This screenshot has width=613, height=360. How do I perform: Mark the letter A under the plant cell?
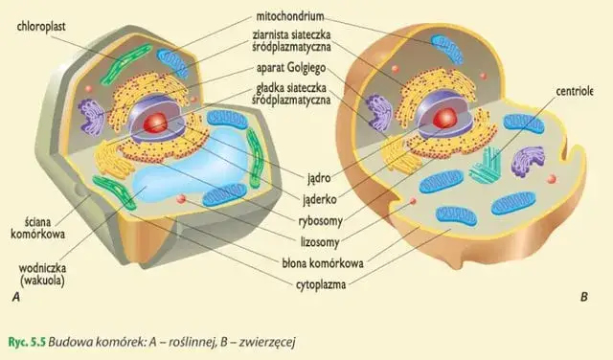tap(16, 299)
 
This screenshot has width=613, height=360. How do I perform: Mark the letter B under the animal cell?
tap(583, 298)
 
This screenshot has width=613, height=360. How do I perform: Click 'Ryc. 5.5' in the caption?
tap(25, 341)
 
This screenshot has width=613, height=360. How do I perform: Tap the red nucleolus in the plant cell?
tap(156, 122)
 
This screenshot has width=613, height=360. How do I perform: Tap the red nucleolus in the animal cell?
tap(443, 117)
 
